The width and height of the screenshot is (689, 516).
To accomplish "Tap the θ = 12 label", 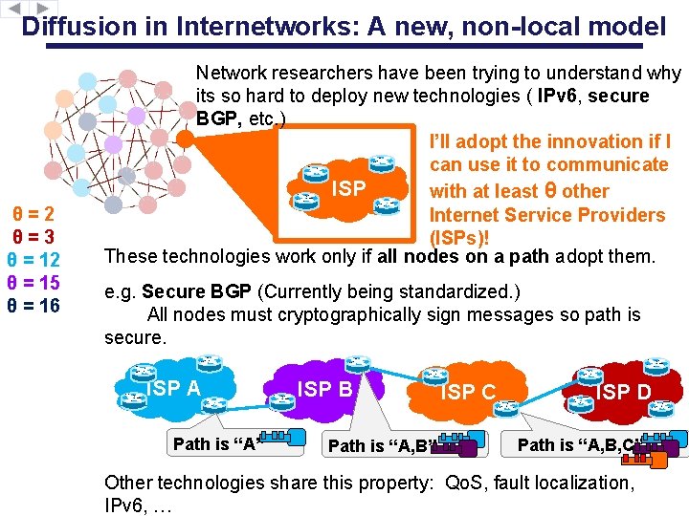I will pos(33,260).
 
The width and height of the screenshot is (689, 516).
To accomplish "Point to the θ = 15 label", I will pos(33,283).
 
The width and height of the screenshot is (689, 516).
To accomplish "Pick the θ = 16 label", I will pos(33,306).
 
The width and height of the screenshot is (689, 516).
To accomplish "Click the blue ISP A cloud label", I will pos(174,388).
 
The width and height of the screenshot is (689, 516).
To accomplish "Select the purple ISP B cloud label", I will pos(325,389).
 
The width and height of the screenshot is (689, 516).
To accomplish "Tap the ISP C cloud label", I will pos(468,392).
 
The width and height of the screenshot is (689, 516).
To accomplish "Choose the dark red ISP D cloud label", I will pos(623,392).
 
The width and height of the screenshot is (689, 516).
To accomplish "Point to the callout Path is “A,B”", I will pos(383,445).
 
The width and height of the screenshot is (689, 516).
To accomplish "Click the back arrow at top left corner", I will pos(11,7).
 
